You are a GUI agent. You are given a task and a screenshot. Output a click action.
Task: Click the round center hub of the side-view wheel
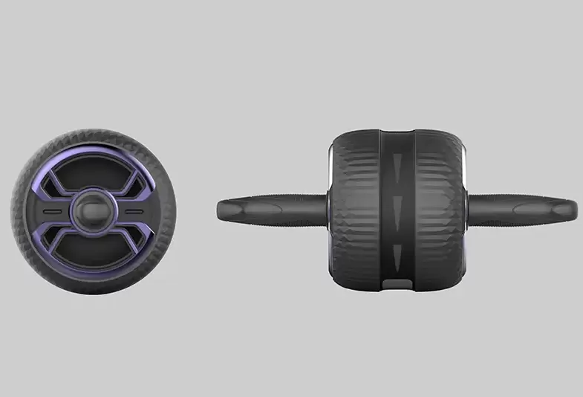coord(94,211)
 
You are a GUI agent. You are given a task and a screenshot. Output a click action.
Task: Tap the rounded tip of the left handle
coord(221,206)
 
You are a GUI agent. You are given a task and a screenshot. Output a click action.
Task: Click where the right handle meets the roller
coord(469,207)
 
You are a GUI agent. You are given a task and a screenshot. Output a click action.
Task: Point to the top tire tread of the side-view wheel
coord(94,135)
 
